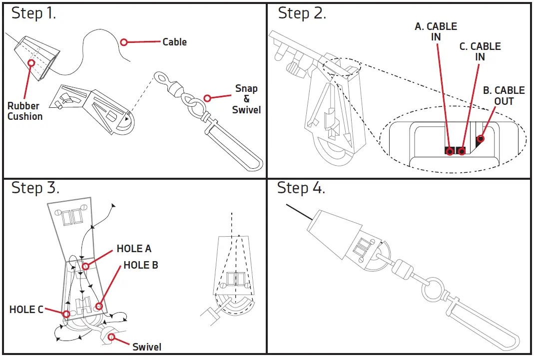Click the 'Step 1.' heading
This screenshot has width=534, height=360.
tap(34, 13)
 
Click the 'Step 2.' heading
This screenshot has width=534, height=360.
tap(302, 13)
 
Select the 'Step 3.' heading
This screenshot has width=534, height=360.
tap(35, 188)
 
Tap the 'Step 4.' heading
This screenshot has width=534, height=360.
tap(301, 188)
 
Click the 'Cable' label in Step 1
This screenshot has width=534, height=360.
tap(174, 42)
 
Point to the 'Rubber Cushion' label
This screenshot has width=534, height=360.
tap(25, 111)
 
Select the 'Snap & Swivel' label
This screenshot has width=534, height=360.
tap(246, 99)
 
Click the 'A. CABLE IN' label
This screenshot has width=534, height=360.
tap(436, 31)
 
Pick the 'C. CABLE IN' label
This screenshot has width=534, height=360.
tap(480, 51)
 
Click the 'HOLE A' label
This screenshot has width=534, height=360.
tap(134, 249)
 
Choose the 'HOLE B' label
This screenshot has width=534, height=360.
tap(141, 265)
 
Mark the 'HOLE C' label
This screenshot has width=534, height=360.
tap(26, 310)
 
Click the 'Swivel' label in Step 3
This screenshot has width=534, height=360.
tap(147, 347)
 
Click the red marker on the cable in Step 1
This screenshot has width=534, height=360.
tap(124, 42)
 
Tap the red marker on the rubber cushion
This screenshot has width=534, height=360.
tap(31, 63)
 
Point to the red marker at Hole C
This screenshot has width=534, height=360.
tap(66, 314)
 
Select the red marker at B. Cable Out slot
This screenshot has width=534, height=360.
tap(481, 139)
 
